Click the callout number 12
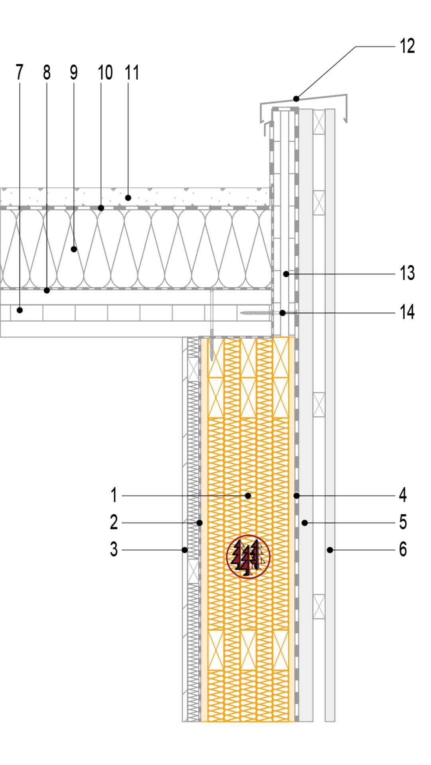pyautogui.click(x=407, y=46)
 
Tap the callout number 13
pyautogui.click(x=407, y=273)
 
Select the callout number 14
pyautogui.click(x=407, y=312)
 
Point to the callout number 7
pyautogui.click(x=20, y=73)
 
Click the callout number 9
pyautogui.click(x=74, y=73)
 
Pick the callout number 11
pyautogui.click(x=132, y=73)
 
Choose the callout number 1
pyautogui.click(x=114, y=495)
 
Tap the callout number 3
pyautogui.click(x=114, y=549)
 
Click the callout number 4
pyautogui.click(x=403, y=495)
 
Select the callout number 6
pyautogui.click(x=403, y=549)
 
